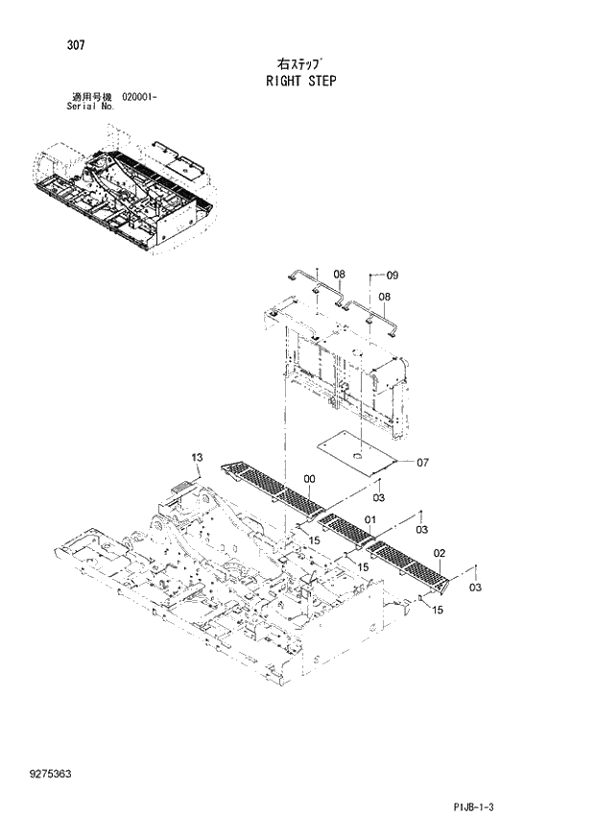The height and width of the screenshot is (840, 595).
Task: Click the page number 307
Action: pos(75,44)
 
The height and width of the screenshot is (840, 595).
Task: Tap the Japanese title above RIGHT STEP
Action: pos(299,63)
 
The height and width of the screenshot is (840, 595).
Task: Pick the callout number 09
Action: pos(392,276)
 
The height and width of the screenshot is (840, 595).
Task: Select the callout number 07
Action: pos(422,462)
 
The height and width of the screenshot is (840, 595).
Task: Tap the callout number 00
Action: pos(309,478)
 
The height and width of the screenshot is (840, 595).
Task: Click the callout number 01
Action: pos(368,521)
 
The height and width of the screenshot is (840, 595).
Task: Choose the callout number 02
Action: pos(439,552)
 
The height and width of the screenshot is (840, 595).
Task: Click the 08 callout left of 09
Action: pos(339,275)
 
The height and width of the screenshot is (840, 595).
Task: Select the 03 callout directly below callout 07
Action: pos(378,497)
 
